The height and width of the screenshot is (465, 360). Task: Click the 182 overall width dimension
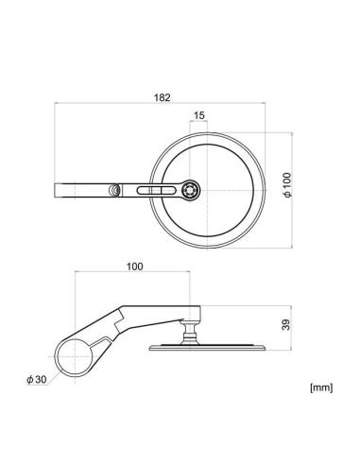(162, 97)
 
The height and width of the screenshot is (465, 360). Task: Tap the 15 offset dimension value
(198, 115)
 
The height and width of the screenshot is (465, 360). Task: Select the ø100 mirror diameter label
(288, 185)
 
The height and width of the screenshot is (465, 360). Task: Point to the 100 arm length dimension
(135, 267)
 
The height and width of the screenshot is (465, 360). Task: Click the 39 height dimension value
(286, 325)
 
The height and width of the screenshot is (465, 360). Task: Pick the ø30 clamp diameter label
(37, 379)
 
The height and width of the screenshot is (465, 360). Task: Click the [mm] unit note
(321, 387)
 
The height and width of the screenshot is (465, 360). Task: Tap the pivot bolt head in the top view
(191, 190)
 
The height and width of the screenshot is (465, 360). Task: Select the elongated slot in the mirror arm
(157, 190)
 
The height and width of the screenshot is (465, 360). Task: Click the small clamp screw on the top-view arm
(113, 190)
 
